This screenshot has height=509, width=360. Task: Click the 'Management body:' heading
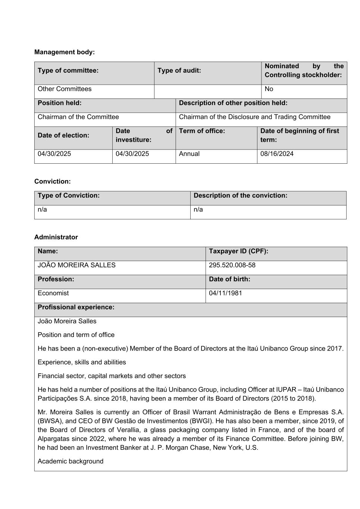[65, 52]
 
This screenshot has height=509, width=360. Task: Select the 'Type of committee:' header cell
[68, 70]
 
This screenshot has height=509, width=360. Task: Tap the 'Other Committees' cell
[65, 89]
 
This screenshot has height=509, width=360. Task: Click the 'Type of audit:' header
[179, 70]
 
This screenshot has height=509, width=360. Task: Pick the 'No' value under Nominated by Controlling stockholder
[269, 89]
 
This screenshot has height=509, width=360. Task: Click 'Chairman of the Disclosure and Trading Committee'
[254, 117]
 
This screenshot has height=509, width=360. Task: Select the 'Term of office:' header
[202, 131]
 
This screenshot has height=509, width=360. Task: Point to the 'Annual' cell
[189, 154]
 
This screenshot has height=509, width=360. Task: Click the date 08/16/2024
[277, 154]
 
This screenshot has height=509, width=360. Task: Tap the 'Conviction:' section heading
[52, 182]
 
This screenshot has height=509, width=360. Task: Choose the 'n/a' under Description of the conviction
[198, 210]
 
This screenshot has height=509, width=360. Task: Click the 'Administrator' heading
[56, 237]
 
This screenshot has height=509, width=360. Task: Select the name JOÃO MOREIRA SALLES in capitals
[76, 265]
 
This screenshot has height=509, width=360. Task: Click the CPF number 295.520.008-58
[232, 265]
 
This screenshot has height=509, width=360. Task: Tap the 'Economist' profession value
[53, 293]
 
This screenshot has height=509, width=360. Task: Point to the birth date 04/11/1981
[225, 293]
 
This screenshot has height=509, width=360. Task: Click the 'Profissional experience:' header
[76, 307]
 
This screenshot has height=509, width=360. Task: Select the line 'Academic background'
[71, 461]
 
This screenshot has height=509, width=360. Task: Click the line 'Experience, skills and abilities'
[82, 362]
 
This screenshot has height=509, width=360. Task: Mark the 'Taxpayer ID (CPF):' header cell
[238, 251]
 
